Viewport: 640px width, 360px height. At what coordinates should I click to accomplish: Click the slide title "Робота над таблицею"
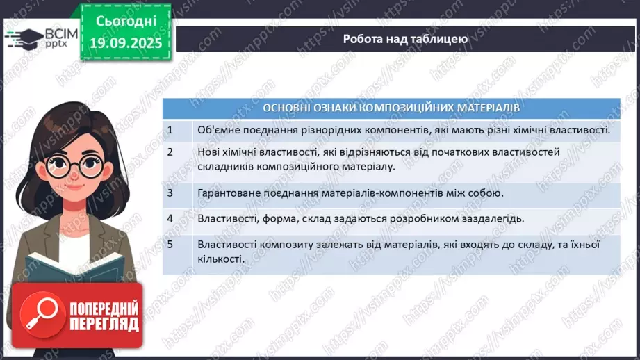coord(405,39)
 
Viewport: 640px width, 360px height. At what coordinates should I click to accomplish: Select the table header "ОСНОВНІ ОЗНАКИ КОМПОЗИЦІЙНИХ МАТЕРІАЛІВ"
coord(391,108)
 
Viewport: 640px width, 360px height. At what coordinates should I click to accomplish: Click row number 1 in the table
coord(170,130)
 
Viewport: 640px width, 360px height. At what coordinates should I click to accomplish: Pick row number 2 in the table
coord(170,151)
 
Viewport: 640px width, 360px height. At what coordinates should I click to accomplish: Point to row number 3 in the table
coord(170,193)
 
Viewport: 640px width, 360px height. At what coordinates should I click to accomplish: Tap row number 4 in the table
coord(170,218)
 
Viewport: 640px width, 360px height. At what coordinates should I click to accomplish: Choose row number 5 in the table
coord(170,245)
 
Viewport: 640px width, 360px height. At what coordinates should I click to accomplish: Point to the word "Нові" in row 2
coord(208,151)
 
